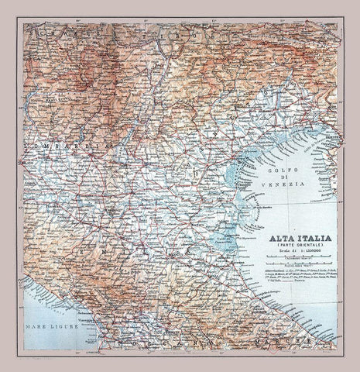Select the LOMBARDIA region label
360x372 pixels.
[x=54, y=145]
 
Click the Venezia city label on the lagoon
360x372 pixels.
[x=246, y=165]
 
